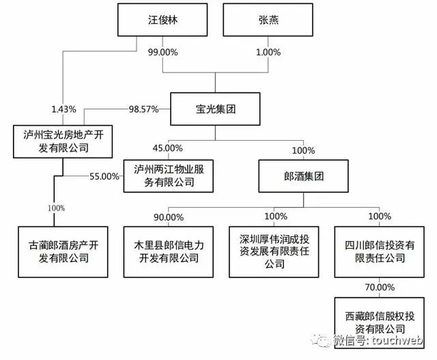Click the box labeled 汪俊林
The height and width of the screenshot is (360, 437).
[163, 20]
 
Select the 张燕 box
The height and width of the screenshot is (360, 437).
[268, 20]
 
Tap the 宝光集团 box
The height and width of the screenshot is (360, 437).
[215, 109]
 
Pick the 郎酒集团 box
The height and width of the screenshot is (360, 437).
[303, 176]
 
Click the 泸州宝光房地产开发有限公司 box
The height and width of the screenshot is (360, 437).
[63, 141]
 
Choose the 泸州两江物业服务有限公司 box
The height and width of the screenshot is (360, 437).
[169, 176]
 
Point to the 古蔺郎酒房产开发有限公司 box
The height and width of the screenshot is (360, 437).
[63, 252]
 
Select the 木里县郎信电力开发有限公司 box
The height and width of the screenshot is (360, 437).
[169, 252]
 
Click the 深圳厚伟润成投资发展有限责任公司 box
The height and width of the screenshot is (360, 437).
[274, 252]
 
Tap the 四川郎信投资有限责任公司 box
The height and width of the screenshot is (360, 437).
[380, 252]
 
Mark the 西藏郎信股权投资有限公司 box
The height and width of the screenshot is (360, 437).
[380, 323]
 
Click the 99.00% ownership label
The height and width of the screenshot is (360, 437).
[163, 52]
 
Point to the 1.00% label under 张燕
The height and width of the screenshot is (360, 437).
[268, 52]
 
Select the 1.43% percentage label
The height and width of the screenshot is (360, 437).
[64, 109]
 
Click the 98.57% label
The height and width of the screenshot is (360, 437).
[143, 109]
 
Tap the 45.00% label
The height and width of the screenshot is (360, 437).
[167, 148]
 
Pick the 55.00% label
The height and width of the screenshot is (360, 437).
[104, 176]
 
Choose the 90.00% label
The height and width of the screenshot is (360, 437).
[169, 217]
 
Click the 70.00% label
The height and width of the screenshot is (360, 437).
[380, 287]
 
